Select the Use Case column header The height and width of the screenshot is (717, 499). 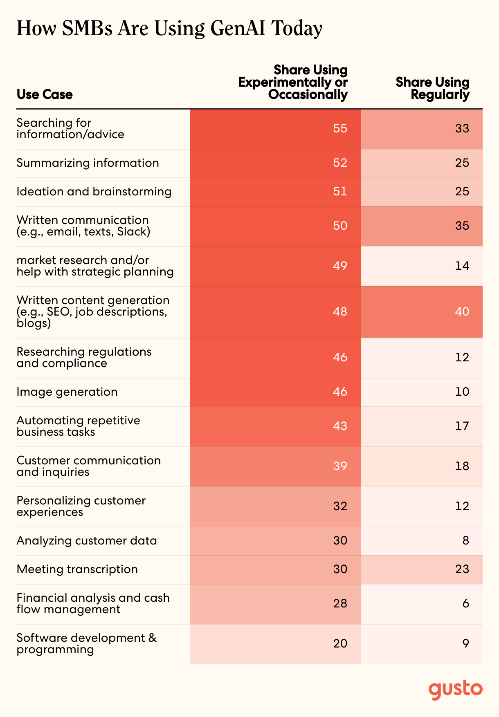pos(45,94)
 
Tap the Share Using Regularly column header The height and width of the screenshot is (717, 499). pos(432,88)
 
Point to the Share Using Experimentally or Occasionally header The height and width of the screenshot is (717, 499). pos(293,82)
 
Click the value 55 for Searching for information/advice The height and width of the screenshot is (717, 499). pos(340,129)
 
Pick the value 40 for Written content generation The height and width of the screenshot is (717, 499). pos(462,312)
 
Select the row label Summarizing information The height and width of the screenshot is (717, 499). pos(88,163)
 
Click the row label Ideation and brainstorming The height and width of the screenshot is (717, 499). pos(94,192)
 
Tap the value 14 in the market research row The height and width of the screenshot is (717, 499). pos(462,266)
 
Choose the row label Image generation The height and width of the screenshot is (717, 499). pos(67,392)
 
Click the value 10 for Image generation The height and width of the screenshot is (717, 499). pos(462,392)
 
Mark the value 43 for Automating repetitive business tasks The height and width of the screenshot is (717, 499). pos(340,426)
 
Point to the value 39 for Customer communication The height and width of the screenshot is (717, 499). pos(340,466)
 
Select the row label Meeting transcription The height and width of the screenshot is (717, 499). pos(77,569)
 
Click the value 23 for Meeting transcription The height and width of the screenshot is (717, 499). pos(462,569)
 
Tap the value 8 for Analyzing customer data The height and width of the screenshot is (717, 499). pos(466,541)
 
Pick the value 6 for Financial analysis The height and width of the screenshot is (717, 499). pos(466,604)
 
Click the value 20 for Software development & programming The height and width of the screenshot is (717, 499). pos(340,644)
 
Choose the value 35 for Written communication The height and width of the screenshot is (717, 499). pos(462,226)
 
